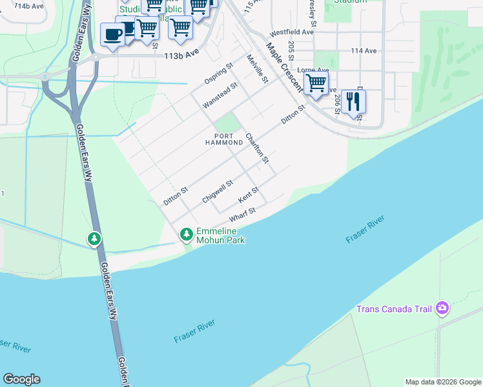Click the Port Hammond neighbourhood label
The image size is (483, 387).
[x=224, y=139]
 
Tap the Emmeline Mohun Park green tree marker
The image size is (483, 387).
[x=187, y=233]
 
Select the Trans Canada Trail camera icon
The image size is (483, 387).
[x=442, y=308]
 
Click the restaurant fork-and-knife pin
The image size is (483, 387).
[x=353, y=102]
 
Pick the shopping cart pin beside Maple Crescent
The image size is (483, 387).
[x=315, y=83]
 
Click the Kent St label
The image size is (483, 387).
[x=249, y=193]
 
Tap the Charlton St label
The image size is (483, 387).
[x=256, y=148]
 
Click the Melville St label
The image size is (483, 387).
[x=257, y=69]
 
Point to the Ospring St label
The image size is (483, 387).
[x=218, y=74]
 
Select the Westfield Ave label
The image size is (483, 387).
[x=292, y=32]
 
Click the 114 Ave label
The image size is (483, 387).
[x=364, y=50]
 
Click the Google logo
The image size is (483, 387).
[x=21, y=379]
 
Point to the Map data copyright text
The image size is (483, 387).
[x=442, y=382]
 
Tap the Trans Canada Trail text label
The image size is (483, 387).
[x=394, y=309]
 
